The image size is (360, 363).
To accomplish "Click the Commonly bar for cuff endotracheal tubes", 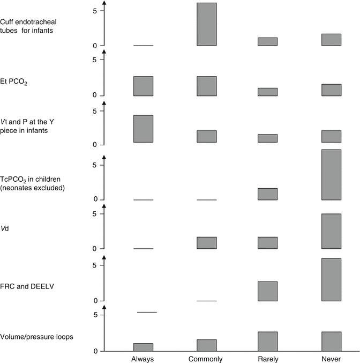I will (x=207, y=24).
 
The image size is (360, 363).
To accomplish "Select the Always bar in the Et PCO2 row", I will (x=143, y=86).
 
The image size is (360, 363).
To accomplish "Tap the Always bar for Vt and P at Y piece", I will (x=143, y=129).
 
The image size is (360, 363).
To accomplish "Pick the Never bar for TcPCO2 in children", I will (x=331, y=174).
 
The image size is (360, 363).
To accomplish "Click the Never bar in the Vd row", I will (x=331, y=231).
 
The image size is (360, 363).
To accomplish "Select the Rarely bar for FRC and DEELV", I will (x=267, y=291).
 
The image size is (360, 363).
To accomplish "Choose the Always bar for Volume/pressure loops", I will (x=143, y=347).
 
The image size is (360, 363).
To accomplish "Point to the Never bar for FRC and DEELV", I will (x=331, y=279).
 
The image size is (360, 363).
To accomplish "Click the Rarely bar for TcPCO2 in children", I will (x=267, y=194).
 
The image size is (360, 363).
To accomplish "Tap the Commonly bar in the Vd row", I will (x=207, y=243).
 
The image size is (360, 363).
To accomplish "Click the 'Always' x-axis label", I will (x=143, y=358).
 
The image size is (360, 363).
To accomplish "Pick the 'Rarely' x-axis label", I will (x=267, y=358).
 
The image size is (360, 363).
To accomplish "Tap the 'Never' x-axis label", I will (x=331, y=358).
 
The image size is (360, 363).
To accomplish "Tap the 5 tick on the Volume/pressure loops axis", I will (x=94, y=315).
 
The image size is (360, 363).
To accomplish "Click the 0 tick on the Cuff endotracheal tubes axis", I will (x=94, y=46).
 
